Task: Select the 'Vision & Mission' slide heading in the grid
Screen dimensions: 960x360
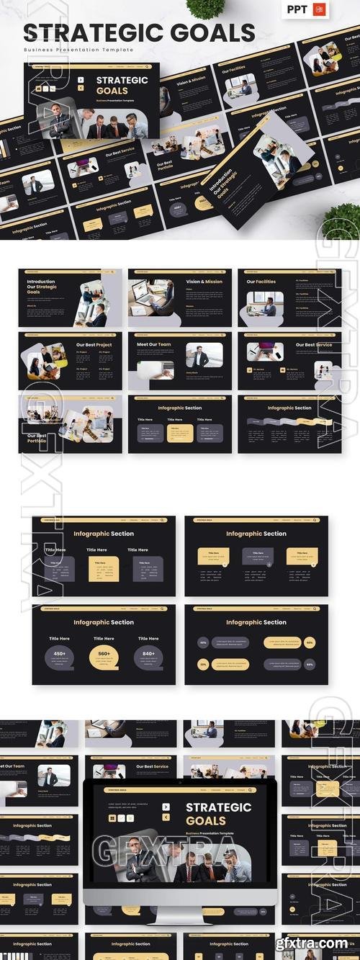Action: [204, 282]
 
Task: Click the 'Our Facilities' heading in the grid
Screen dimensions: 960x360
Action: [261, 282]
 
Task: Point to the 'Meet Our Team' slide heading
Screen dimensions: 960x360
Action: [154, 344]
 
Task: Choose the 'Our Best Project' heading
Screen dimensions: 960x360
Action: [93, 344]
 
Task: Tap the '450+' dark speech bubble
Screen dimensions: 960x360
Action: [60, 655]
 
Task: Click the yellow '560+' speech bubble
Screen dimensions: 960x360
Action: [104, 655]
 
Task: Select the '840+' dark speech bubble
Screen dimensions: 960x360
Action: [148, 655]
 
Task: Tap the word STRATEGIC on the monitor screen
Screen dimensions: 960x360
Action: [218, 807]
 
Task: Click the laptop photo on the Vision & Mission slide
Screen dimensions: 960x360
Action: [150, 297]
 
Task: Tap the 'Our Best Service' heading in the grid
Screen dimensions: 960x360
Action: [314, 344]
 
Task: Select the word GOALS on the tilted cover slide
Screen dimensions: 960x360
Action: [111, 91]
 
